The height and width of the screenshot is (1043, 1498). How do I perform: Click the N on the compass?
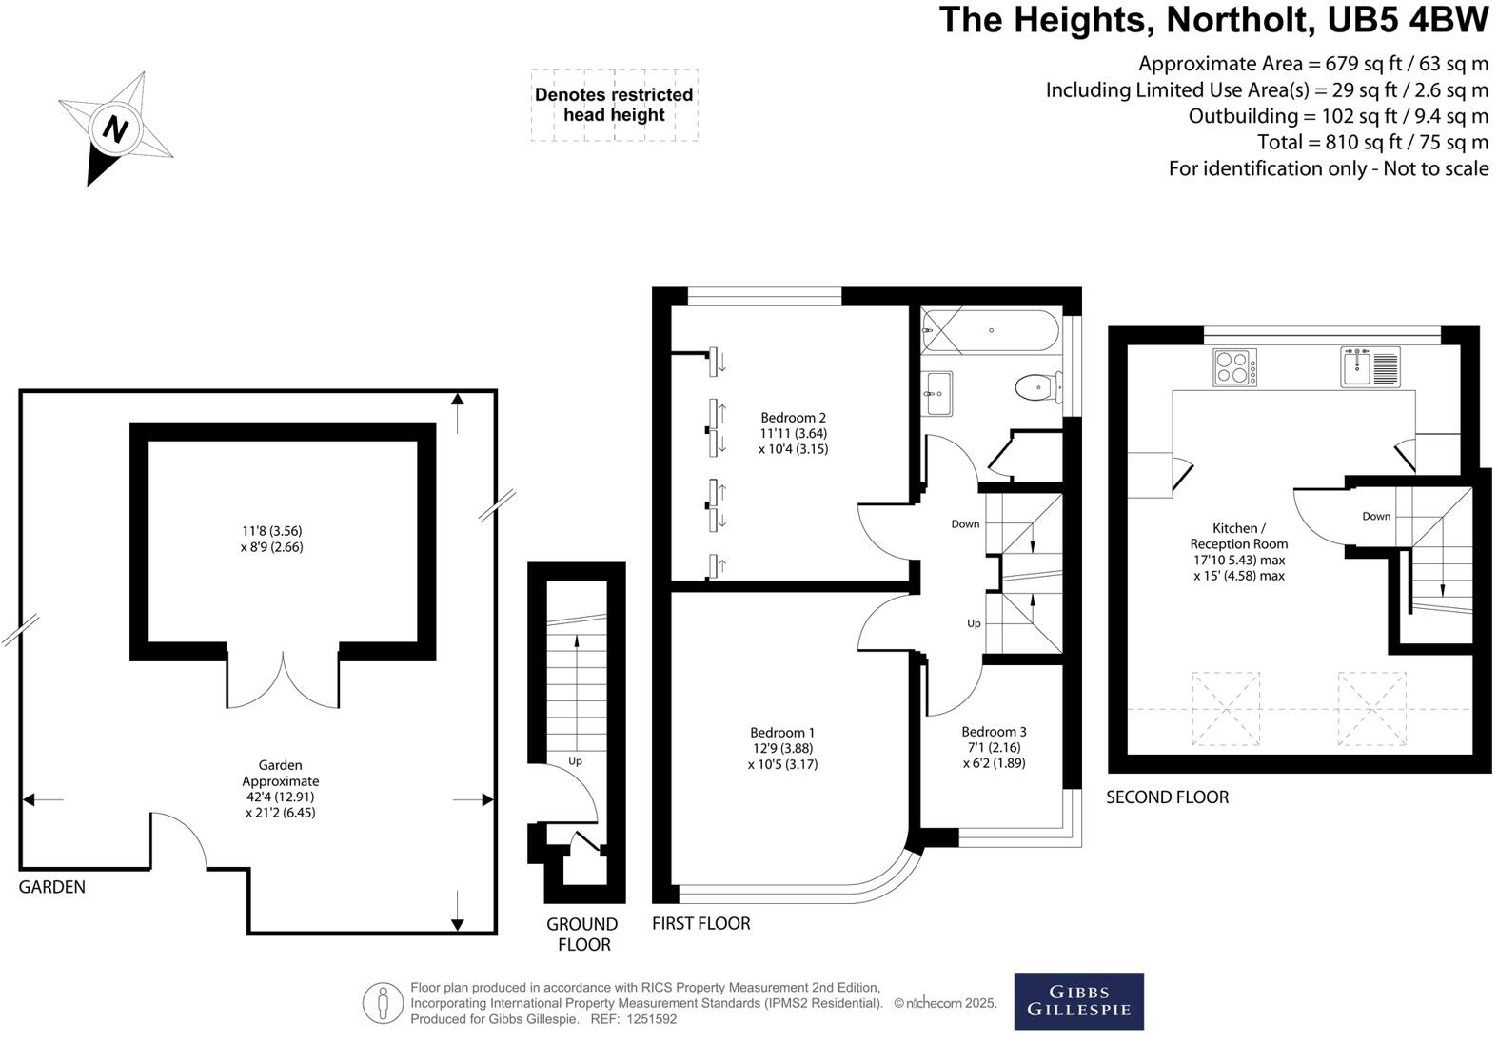(x=114, y=128)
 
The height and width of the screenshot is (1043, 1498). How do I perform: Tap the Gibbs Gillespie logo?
(x=1078, y=1001)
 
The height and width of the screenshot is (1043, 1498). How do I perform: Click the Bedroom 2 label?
(x=793, y=418)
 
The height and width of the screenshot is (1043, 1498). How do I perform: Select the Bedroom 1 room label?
(x=782, y=733)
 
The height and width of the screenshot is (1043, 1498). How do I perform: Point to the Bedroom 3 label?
(x=994, y=732)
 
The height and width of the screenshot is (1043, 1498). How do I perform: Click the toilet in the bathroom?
(x=1035, y=387)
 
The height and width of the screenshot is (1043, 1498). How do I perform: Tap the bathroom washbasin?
(x=937, y=392)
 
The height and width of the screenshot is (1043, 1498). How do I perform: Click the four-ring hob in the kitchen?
(x=1234, y=367)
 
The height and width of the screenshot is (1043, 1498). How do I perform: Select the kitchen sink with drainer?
(x=1370, y=367)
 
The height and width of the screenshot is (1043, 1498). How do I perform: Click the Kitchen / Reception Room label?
(x=1238, y=536)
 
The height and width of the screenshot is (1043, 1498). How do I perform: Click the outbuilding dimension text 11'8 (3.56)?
(x=272, y=531)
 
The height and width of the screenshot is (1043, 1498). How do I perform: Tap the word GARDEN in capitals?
(x=52, y=887)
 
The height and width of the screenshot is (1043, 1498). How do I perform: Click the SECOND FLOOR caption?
(x=1167, y=797)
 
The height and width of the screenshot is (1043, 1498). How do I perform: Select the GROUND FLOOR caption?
(x=582, y=934)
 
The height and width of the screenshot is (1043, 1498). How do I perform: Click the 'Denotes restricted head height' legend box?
(x=614, y=105)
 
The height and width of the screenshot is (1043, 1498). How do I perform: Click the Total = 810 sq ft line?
(x=1372, y=143)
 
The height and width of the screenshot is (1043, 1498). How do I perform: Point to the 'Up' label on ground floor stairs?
(x=575, y=761)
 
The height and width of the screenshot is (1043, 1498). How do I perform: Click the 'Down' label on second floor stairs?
(x=1376, y=517)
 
